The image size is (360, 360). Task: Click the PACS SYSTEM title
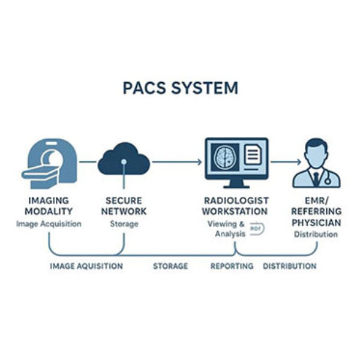pos(180,88)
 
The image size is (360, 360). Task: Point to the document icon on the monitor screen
pos(252,156)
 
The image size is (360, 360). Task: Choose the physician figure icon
pos(316,163)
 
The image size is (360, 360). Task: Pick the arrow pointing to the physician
pos(284,161)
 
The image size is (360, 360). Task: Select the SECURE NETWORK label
pos(125,206)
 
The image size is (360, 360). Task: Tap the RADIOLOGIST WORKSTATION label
pos(235,206)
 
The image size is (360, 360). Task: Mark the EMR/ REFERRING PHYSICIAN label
pos(316,211)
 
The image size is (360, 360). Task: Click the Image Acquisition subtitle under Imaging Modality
pos(49,224)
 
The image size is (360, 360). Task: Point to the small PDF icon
pos(255,229)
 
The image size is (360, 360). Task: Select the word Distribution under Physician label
pos(316,234)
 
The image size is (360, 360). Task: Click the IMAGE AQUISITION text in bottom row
pos(86,266)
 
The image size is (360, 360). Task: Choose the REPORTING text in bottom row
pos(232,266)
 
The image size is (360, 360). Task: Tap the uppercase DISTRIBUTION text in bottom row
pos(290,266)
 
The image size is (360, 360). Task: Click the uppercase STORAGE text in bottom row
pos(170,266)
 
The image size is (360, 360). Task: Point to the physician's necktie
pos(316,178)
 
